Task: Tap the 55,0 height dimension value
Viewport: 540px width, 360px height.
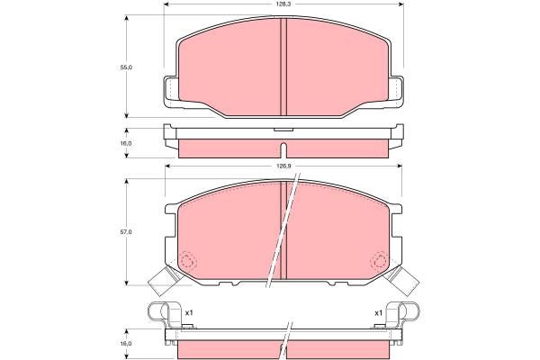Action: click(x=126, y=67)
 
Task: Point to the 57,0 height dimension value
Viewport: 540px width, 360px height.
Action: click(x=126, y=232)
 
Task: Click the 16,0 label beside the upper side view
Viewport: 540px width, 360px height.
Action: click(x=126, y=143)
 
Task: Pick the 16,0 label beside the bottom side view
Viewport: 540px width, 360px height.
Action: click(x=126, y=344)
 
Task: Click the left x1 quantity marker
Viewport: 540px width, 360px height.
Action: click(x=189, y=313)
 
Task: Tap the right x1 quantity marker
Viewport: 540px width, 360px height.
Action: click(x=379, y=313)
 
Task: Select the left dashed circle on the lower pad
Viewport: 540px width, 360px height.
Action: click(x=188, y=261)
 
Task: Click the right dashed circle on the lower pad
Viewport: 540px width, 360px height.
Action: click(x=379, y=260)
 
